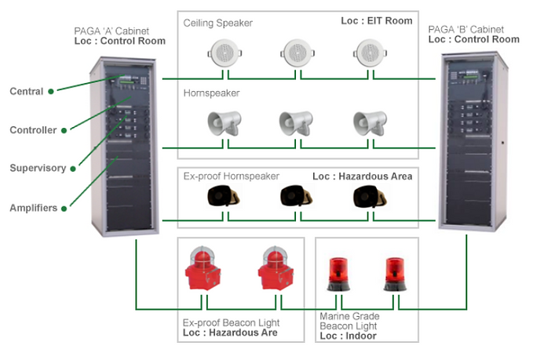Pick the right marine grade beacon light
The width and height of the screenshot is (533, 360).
click(394, 275)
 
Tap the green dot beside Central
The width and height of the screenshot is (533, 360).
click(51, 92)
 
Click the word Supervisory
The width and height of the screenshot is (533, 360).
click(38, 168)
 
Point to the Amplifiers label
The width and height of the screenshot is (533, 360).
click(34, 207)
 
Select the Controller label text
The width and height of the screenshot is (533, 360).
click(33, 129)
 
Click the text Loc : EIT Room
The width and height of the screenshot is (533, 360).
click(377, 21)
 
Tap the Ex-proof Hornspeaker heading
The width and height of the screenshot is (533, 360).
click(232, 176)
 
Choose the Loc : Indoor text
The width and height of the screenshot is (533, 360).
click(348, 336)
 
